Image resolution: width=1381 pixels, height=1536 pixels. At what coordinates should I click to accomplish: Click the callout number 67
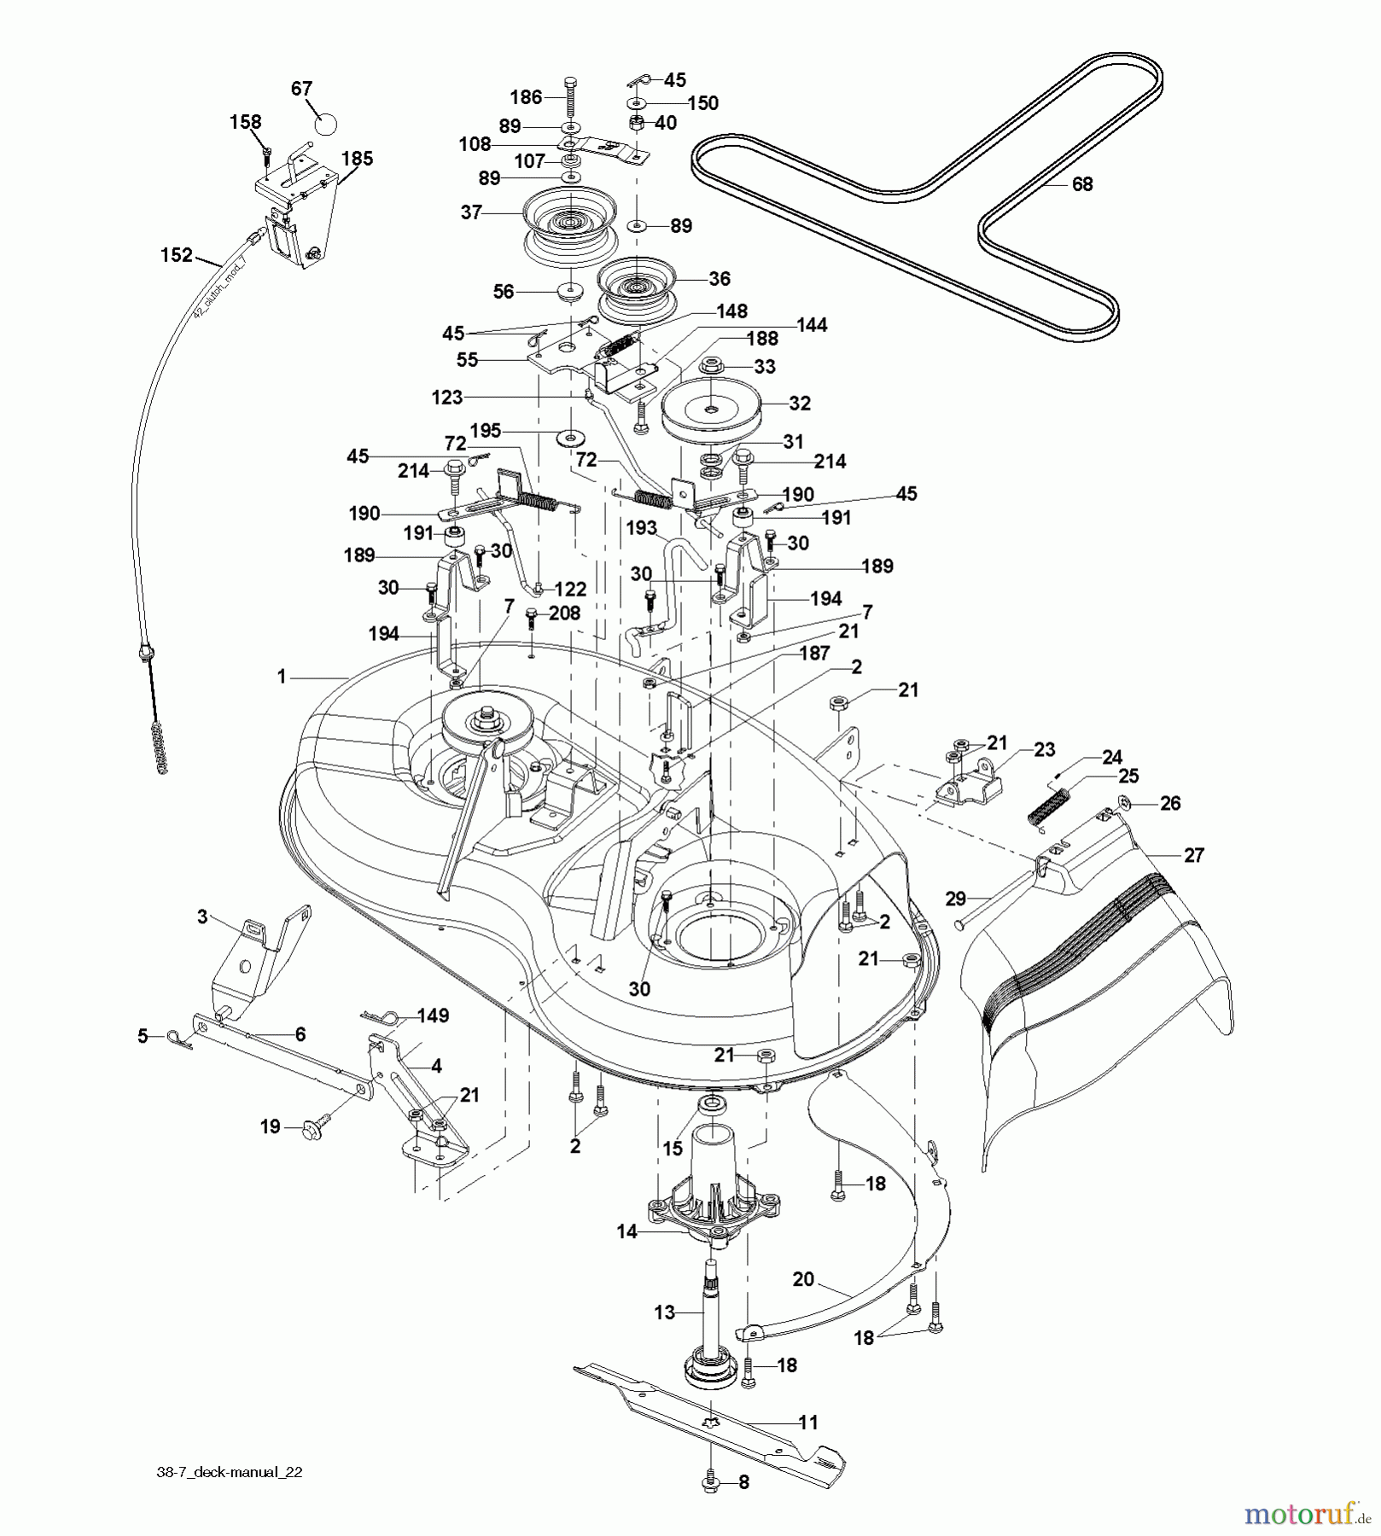301,89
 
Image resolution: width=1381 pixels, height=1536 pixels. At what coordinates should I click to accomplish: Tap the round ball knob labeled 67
323,123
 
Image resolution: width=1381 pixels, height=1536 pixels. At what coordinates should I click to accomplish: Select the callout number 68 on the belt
1082,184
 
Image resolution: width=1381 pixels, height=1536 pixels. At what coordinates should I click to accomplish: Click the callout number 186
526,97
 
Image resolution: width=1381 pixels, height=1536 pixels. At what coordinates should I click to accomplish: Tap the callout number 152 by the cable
177,254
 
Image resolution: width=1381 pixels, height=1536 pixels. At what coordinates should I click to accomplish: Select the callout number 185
357,159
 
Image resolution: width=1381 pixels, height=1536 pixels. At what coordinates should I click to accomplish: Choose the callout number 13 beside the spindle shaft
664,1312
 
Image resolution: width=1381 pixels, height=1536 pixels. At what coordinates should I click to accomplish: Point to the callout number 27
1193,855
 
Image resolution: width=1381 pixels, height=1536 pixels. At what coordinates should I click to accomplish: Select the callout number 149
433,1015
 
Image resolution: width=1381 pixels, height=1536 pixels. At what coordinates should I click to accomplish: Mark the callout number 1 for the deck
282,677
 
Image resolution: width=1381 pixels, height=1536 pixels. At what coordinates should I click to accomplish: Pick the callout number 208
563,613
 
